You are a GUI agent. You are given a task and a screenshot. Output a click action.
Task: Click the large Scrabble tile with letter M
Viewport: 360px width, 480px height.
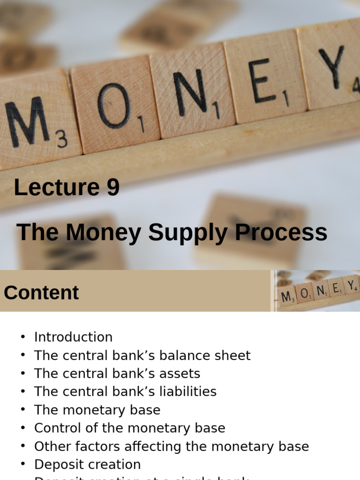[35, 122]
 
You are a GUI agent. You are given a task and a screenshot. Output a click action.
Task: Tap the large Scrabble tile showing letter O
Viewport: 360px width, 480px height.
[115, 105]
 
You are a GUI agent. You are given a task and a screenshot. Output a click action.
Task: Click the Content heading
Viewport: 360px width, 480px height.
[41, 292]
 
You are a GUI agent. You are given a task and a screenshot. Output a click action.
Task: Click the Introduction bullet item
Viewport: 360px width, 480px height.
[73, 337]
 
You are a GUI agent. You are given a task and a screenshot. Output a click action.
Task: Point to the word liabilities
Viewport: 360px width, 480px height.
[188, 391]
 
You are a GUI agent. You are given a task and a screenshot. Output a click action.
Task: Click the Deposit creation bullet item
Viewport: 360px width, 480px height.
[87, 465]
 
